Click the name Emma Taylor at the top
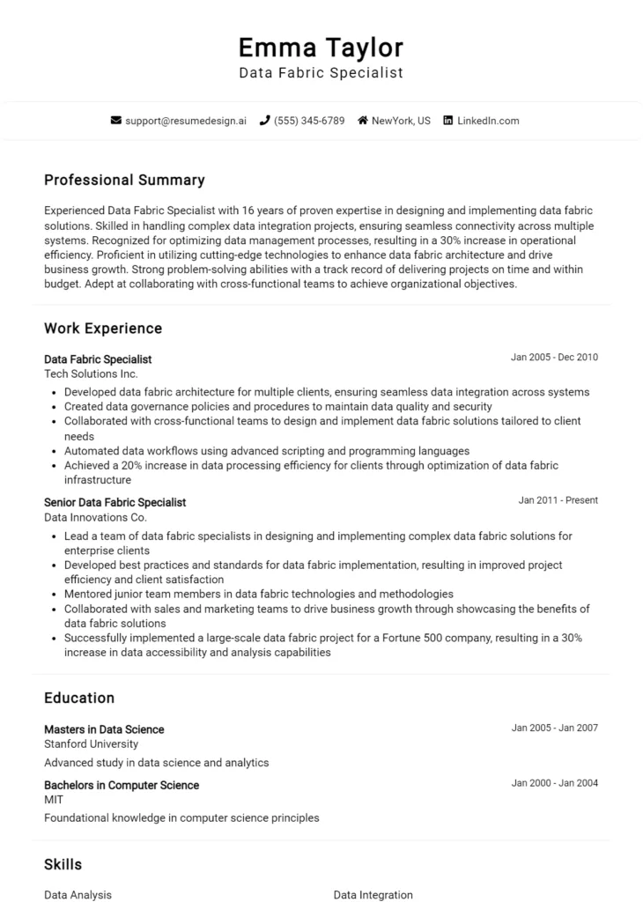pyautogui.click(x=321, y=47)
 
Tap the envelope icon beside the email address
pyautogui.click(x=116, y=121)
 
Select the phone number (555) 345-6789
pyautogui.click(x=309, y=121)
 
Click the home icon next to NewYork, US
pyautogui.click(x=362, y=121)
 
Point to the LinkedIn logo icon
pyautogui.click(x=448, y=121)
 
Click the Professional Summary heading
pyautogui.click(x=124, y=180)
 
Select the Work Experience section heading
pyautogui.click(x=103, y=329)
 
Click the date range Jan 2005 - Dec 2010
pyautogui.click(x=554, y=358)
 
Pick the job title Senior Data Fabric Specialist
pyautogui.click(x=115, y=502)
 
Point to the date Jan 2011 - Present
pyautogui.click(x=558, y=500)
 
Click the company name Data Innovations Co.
pyautogui.click(x=95, y=517)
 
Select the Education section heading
pyautogui.click(x=79, y=698)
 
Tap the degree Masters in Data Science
pyautogui.click(x=104, y=729)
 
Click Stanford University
pyautogui.click(x=91, y=744)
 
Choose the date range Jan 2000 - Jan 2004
pyautogui.click(x=554, y=783)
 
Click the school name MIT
pyautogui.click(x=54, y=800)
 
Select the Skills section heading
pyautogui.click(x=63, y=865)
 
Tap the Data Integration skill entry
pyautogui.click(x=373, y=895)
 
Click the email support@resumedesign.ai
pyautogui.click(x=186, y=121)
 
